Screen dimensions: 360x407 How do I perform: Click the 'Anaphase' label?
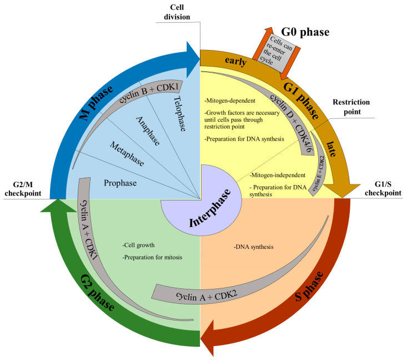pyautogui.click(x=147, y=131)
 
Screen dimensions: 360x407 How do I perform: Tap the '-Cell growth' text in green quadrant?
pyautogui.click(x=139, y=245)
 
